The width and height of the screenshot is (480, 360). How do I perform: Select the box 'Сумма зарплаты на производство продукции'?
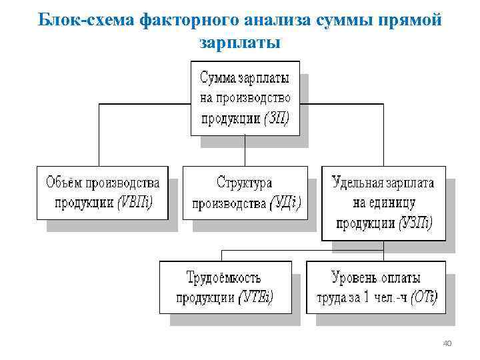[245, 98]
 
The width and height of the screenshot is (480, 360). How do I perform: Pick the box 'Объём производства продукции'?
[102, 192]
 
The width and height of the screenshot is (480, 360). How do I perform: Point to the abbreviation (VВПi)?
[136, 203]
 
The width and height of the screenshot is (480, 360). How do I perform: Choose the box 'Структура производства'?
[245, 192]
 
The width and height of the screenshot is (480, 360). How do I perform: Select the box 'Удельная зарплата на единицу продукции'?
[383, 203]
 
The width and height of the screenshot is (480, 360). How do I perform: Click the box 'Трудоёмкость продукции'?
[225, 287]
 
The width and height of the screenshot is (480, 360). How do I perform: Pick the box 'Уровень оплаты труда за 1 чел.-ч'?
[377, 287]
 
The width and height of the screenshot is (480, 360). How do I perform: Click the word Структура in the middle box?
[245, 182]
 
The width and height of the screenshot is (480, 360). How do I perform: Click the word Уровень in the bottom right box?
[356, 277]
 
